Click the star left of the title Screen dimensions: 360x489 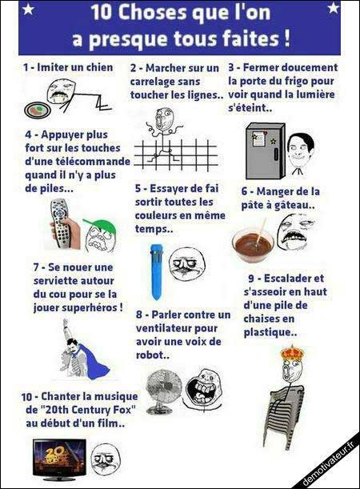pyautogui.click(x=28, y=10)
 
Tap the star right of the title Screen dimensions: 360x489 pyautogui.click(x=333, y=7)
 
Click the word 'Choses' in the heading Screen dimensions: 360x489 pyautogui.click(x=146, y=13)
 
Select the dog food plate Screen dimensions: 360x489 pyautogui.click(x=37, y=110)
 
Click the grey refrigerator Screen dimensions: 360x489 pyautogui.click(x=266, y=151)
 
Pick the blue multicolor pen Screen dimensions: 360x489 pyautogui.click(x=155, y=272)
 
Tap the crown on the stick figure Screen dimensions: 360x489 pyautogui.click(x=292, y=352)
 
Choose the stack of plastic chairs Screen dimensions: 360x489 pyautogui.click(x=282, y=415)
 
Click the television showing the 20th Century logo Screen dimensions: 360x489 pyautogui.click(x=60, y=459)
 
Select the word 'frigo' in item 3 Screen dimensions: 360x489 pyautogui.click(x=298, y=82)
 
